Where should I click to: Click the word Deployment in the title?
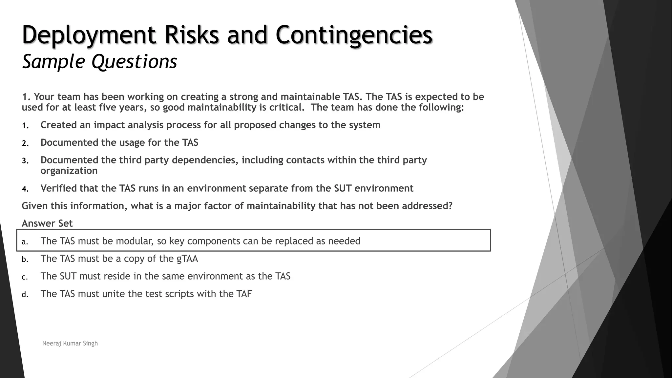point(89,35)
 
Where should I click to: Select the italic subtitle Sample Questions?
point(99,61)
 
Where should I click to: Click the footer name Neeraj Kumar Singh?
point(70,343)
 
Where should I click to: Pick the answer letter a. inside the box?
point(25,242)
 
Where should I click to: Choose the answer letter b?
point(25,260)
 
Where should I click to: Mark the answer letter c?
point(25,277)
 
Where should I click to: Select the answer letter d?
point(25,295)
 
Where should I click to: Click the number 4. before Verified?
point(25,189)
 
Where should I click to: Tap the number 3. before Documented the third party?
point(25,161)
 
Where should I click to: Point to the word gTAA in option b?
point(187,259)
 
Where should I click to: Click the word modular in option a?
point(135,241)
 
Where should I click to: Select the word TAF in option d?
point(244,294)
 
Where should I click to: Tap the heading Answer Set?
point(47,223)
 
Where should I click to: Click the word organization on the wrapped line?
point(69,171)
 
